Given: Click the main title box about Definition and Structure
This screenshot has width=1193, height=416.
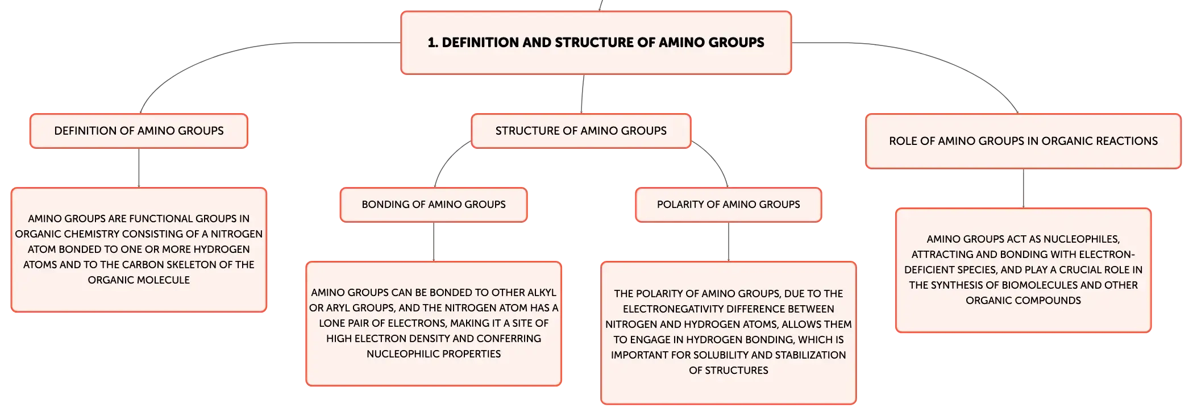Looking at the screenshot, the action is tap(596, 43).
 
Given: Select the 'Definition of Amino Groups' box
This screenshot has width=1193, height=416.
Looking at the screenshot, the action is tap(139, 131).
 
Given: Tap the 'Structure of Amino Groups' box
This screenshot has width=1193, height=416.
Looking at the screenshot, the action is tap(581, 131).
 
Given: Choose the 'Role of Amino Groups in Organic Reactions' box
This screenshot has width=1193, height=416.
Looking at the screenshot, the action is tap(1023, 141).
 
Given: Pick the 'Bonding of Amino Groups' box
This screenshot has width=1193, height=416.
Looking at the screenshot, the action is tap(434, 205).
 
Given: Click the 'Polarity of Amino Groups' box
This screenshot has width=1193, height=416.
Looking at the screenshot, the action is tap(728, 205).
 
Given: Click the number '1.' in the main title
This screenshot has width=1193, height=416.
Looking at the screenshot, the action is tap(433, 43).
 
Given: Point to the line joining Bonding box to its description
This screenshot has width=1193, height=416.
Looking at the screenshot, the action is tap(434, 242).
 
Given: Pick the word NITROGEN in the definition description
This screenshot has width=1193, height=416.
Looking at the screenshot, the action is tap(236, 234).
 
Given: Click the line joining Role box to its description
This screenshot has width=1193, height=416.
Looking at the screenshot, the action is tap(1023, 189).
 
